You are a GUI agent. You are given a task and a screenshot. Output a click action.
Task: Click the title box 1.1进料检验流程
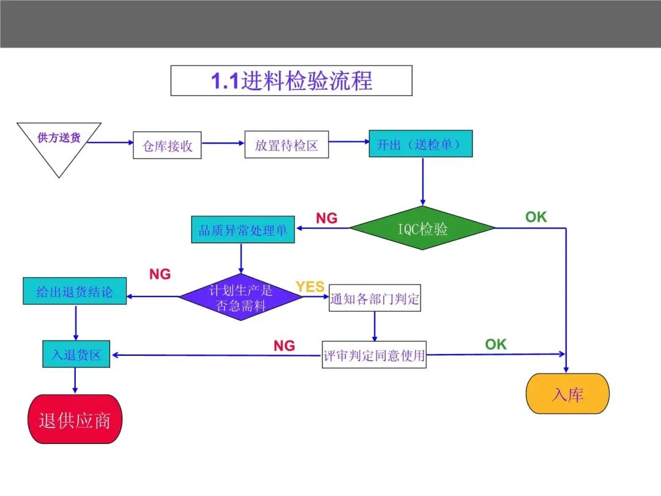[291, 81]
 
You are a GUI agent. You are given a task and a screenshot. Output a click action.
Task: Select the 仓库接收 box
[167, 145]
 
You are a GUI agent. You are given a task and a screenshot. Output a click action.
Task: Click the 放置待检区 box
[286, 145]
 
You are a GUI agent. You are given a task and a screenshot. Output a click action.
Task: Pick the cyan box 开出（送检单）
[420, 144]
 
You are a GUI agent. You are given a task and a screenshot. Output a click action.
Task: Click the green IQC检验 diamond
[422, 228]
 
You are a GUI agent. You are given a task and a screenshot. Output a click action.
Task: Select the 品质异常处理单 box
[243, 230]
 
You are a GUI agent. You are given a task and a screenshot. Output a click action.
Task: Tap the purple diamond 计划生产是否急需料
[241, 297]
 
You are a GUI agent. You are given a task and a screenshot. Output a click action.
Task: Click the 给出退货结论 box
[75, 291]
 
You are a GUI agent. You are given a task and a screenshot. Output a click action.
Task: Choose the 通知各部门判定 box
[375, 298]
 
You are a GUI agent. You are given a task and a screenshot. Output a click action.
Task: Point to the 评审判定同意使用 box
[375, 355]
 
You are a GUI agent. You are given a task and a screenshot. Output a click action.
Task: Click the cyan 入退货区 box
[77, 354]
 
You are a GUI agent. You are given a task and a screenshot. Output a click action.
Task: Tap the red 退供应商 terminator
[75, 419]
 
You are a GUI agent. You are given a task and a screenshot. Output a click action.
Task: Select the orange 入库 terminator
[567, 394]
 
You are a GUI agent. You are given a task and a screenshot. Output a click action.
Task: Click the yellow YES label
[310, 287]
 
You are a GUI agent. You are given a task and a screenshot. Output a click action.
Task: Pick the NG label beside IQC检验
[327, 218]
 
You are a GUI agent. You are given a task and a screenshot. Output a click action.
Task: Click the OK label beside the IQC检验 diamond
[536, 217]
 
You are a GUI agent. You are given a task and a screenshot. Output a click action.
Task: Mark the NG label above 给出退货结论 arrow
[160, 274]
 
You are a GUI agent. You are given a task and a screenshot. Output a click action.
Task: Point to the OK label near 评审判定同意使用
[496, 344]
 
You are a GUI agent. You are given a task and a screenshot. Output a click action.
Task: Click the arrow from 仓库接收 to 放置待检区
[223, 143]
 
